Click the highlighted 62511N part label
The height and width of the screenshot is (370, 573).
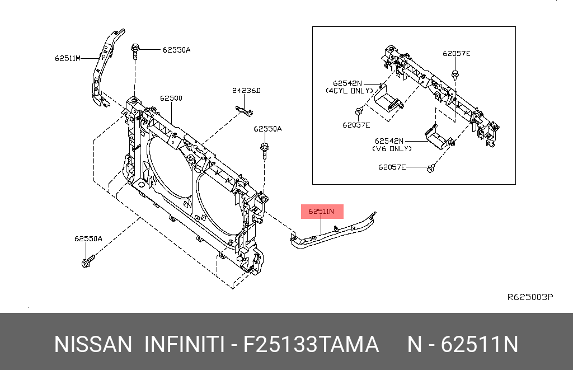[x=322, y=212]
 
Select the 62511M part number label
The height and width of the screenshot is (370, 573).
[x=68, y=58]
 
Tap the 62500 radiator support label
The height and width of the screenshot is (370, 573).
[x=171, y=98]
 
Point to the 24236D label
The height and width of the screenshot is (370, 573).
[x=247, y=90]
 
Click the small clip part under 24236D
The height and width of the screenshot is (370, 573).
[x=241, y=108]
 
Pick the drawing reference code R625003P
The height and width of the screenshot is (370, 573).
[x=530, y=297]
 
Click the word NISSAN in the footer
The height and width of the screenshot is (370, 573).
[x=93, y=344]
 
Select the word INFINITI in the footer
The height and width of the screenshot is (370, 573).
[x=184, y=344]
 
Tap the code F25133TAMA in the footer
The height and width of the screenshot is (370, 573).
[x=311, y=344]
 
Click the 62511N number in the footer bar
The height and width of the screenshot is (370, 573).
[x=480, y=344]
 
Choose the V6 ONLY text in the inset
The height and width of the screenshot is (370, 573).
[x=392, y=149]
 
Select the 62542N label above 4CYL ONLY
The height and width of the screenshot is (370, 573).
[x=347, y=83]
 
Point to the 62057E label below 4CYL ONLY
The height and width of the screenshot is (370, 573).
[x=356, y=125]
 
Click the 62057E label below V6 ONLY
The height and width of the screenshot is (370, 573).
[x=392, y=167]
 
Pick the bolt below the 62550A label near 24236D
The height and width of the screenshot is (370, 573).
[x=264, y=150]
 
